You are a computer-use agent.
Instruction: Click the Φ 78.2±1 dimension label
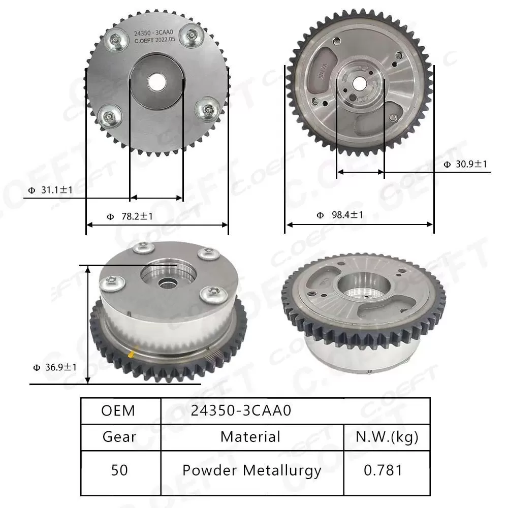(x=130, y=216)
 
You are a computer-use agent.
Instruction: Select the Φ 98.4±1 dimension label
(x=340, y=215)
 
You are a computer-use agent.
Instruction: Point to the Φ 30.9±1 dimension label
(x=465, y=164)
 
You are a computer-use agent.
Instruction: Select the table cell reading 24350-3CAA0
(x=241, y=410)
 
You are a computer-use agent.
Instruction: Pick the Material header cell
(x=250, y=436)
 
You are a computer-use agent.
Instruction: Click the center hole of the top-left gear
(x=156, y=82)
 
